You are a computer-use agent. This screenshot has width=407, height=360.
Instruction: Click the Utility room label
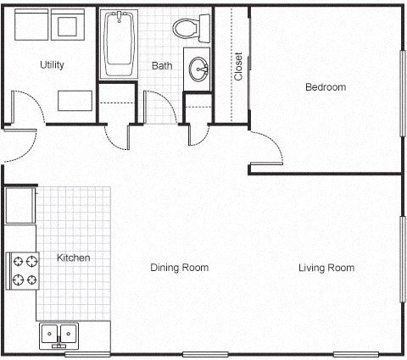coord(52,64)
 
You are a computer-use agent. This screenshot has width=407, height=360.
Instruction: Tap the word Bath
coord(162,65)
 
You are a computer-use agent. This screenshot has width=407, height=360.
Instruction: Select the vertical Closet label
coord(238,66)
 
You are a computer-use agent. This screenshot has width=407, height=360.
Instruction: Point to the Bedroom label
coord(326,87)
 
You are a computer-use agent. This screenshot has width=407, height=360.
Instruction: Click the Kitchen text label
coord(73,258)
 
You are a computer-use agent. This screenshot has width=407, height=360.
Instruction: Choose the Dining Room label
coord(179,268)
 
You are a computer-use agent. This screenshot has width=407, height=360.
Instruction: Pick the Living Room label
coord(326,268)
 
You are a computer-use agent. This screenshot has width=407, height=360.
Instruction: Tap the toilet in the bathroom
coord(189,28)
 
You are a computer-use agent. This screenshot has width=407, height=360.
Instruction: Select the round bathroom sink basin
coord(199,69)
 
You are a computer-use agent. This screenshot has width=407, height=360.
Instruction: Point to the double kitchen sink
coord(59,335)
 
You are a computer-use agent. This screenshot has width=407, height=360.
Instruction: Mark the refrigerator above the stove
coord(20,205)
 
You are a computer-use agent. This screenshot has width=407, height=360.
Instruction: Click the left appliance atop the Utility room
coord(30,26)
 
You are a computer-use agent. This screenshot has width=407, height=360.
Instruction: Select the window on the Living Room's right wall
coord(403,258)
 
